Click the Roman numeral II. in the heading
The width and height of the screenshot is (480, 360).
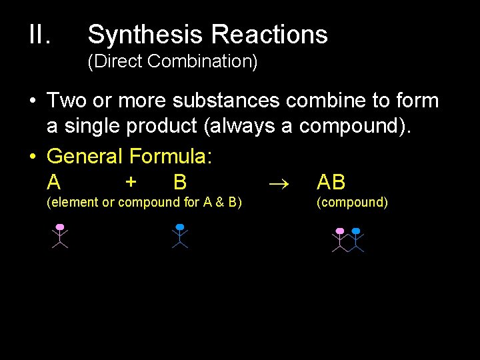pos(39,35)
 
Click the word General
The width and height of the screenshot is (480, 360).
pos(85,157)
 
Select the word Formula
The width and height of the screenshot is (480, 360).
pos(171,157)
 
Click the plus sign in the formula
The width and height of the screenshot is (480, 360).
pos(131,181)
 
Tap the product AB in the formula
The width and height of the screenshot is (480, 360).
pos(331,182)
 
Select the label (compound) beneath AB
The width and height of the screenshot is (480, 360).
pos(352,202)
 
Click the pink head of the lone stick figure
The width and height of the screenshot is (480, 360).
pos(60,227)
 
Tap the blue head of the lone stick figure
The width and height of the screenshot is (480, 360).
pos(179,227)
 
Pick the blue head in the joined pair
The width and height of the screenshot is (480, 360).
pos(356,231)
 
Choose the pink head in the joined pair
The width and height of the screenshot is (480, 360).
pos(340,231)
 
